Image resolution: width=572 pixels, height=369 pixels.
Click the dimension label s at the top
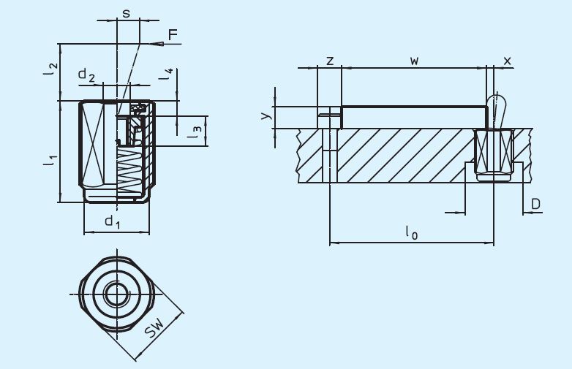(x=127, y=14)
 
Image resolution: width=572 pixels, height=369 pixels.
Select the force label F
(x=173, y=34)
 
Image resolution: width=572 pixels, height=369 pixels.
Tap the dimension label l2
(x=50, y=70)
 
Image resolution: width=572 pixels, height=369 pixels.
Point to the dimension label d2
(x=87, y=75)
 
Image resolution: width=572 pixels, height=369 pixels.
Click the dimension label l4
(x=168, y=74)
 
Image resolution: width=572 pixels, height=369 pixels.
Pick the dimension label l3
(x=194, y=132)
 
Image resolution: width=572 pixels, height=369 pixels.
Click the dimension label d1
(x=112, y=221)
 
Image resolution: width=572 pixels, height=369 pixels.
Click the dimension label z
(x=330, y=61)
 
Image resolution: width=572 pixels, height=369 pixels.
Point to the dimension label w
(x=414, y=61)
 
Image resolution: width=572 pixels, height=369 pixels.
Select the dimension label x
(x=508, y=61)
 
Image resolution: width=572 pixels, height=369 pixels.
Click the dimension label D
(x=535, y=204)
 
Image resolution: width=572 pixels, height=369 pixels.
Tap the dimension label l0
(x=411, y=232)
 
